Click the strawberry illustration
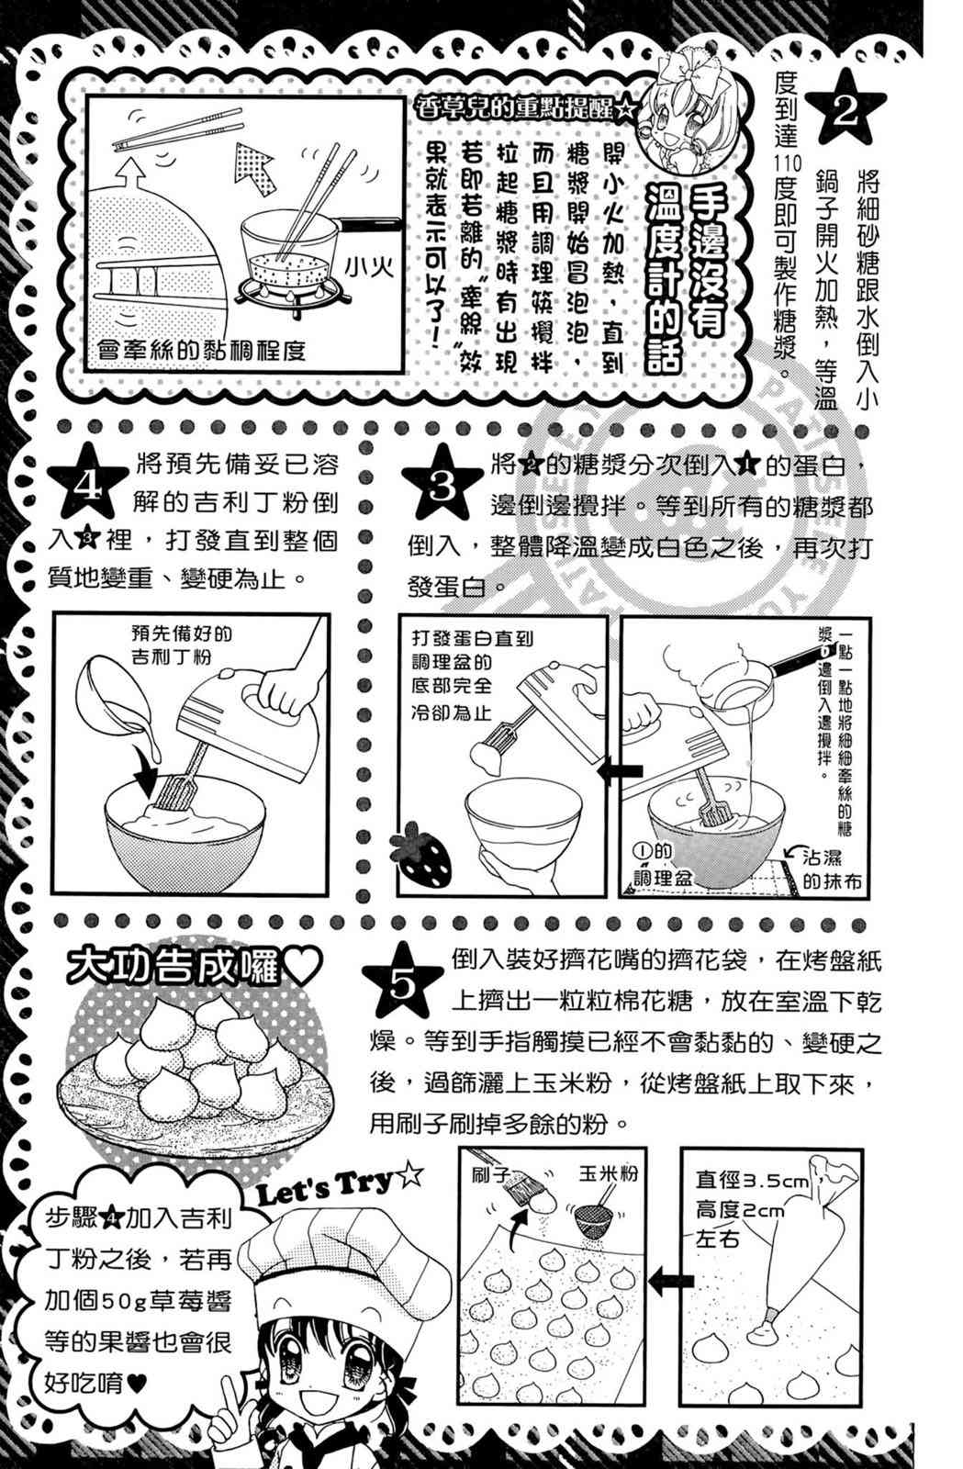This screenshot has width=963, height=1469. tap(421, 852)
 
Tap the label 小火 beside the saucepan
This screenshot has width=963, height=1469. tap(370, 267)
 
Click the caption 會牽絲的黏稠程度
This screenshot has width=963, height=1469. tap(201, 350)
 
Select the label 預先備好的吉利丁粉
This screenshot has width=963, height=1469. tap(182, 645)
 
